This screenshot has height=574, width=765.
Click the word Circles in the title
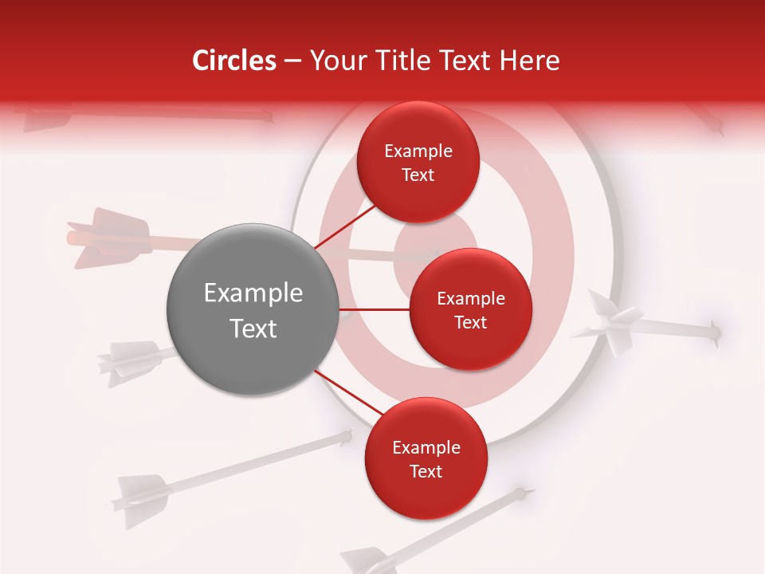point(233,61)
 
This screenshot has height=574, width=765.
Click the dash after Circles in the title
point(292,61)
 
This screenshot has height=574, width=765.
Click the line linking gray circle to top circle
point(345,227)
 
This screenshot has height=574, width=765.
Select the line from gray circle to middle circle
point(375,309)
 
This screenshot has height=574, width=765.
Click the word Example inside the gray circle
point(253,293)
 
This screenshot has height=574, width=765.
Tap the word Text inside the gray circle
point(253,328)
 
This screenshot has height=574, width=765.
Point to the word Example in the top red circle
point(418,151)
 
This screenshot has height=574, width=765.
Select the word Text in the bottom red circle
point(426,471)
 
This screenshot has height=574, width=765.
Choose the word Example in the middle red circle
point(470,299)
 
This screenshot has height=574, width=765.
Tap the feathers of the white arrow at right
point(610,322)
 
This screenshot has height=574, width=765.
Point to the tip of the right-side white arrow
point(716,331)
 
